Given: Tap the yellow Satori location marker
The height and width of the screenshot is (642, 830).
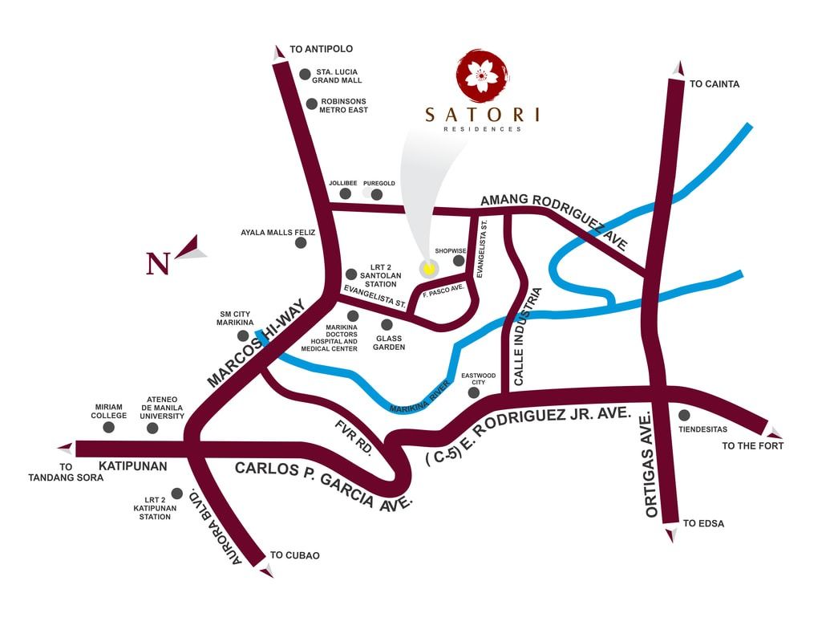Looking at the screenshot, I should pyautogui.click(x=428, y=267).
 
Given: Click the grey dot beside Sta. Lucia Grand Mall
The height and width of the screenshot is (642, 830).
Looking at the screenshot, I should pyautogui.click(x=305, y=74).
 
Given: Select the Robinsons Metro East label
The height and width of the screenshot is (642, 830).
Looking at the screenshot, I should pyautogui.click(x=344, y=105).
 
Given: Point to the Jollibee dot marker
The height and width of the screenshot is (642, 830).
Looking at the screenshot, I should pyautogui.click(x=346, y=193).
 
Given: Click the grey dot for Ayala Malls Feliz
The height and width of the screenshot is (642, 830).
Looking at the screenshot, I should pyautogui.click(x=301, y=242).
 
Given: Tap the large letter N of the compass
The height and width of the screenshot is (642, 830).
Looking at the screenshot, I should pyautogui.click(x=158, y=263).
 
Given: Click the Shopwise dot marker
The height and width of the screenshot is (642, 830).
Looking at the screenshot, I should pyautogui.click(x=459, y=260).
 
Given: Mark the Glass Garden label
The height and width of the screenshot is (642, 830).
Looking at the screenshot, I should pyautogui.click(x=390, y=343).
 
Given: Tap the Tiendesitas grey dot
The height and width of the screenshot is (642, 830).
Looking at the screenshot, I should pyautogui.click(x=684, y=415).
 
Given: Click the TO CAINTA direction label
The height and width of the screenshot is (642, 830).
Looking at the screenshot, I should pyautogui.click(x=715, y=83).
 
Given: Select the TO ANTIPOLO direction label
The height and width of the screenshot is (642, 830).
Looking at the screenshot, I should pyautogui.click(x=321, y=49).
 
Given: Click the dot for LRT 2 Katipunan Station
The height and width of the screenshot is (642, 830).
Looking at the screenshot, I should pyautogui.click(x=176, y=494).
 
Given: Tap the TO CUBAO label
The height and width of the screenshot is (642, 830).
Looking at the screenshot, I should pyautogui.click(x=295, y=555).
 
